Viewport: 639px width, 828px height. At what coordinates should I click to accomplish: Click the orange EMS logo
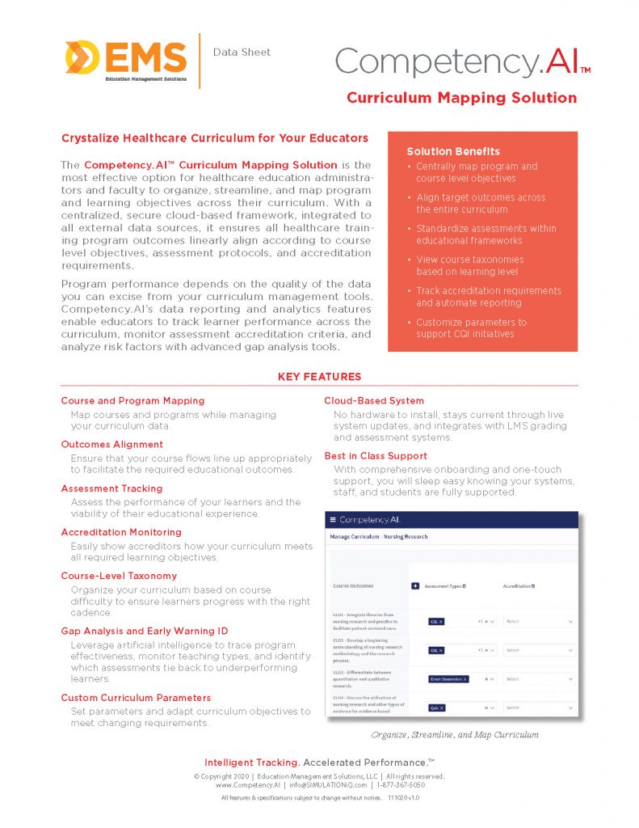pos(126,59)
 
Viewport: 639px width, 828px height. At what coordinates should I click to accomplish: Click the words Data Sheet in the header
pos(242,53)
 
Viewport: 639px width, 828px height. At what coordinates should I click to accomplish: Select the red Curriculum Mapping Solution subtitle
pos(461,98)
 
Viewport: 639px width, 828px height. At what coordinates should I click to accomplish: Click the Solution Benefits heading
pos(453,151)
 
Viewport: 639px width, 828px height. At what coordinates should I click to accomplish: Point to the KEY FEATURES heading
pos(320,377)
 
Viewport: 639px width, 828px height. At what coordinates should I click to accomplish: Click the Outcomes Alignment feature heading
pos(112,444)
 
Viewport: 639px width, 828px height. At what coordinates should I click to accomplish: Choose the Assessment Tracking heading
pos(111,488)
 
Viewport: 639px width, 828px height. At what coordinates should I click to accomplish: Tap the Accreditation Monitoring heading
pos(120,532)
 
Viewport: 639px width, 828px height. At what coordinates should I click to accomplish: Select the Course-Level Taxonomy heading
pos(119,576)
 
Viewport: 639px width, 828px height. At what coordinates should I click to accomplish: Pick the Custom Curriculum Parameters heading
pos(136,697)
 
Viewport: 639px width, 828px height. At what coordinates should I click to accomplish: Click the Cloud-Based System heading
pos(374,400)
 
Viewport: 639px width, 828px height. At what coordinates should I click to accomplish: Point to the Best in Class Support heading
pos(376,456)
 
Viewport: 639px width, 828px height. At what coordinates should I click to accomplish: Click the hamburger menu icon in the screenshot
pos(332,519)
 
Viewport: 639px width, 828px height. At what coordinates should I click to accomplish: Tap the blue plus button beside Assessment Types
pos(415,586)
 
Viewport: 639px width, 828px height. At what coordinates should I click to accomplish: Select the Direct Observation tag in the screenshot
pos(448,679)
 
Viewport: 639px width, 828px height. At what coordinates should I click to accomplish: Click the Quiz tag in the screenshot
pos(437,708)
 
